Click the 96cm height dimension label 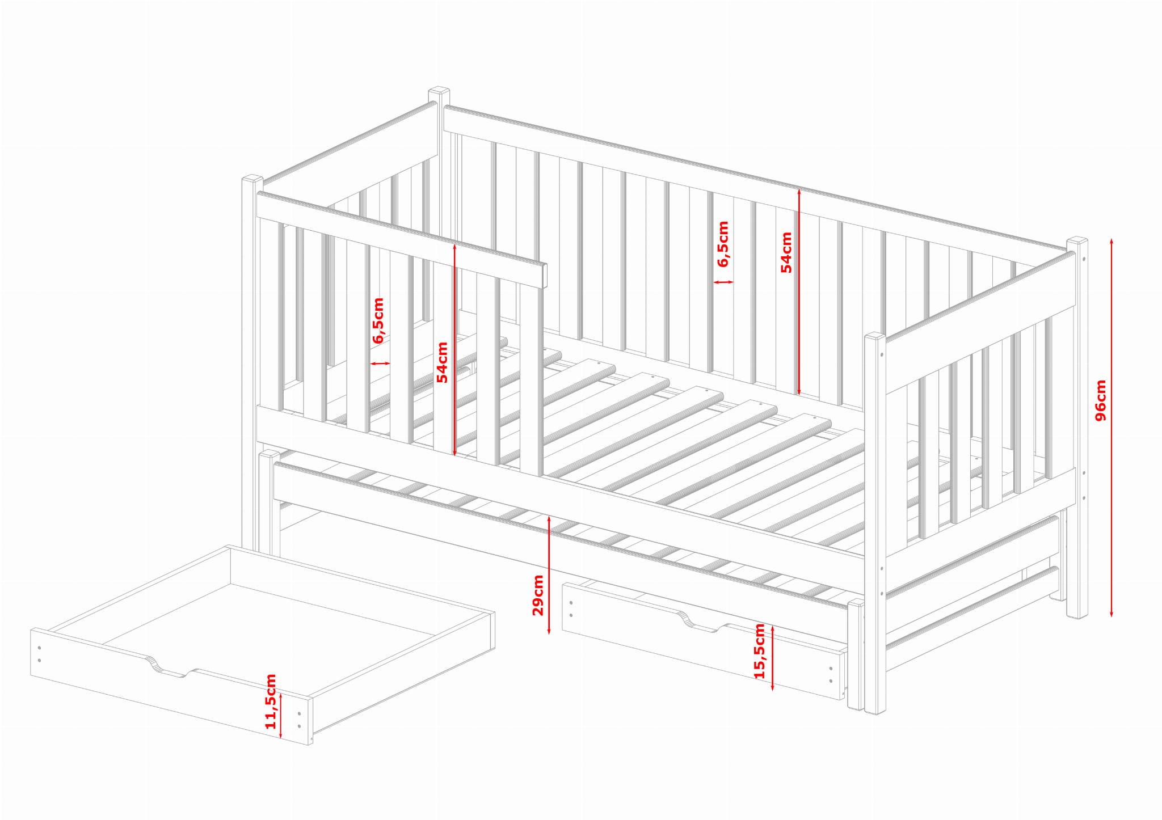(x=1100, y=400)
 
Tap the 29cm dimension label (x=538, y=595)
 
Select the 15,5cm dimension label (x=759, y=651)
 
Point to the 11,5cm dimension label (x=271, y=701)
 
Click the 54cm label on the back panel (x=786, y=252)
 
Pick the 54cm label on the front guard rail (x=442, y=362)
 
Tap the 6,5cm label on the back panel (x=723, y=244)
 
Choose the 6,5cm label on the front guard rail (x=378, y=321)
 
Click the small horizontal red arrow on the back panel (x=723, y=282)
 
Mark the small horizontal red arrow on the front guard (x=380, y=363)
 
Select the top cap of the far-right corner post (x=1077, y=240)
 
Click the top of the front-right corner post (x=875, y=336)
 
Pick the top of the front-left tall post (x=252, y=179)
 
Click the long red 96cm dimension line (x=1112, y=428)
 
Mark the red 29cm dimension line (x=549, y=574)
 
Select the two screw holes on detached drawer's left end (x=39, y=654)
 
